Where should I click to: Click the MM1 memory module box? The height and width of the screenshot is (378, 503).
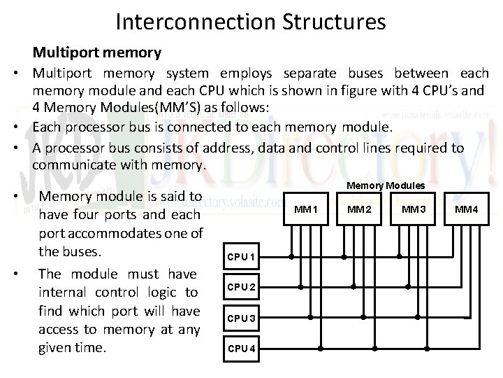(306, 209)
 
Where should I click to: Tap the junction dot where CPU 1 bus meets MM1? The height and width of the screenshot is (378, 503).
(291, 257)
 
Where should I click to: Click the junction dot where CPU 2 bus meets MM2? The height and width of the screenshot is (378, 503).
(353, 287)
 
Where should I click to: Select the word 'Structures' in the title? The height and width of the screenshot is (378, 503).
(335, 22)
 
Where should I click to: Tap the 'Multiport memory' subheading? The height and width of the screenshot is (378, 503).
(96, 52)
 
